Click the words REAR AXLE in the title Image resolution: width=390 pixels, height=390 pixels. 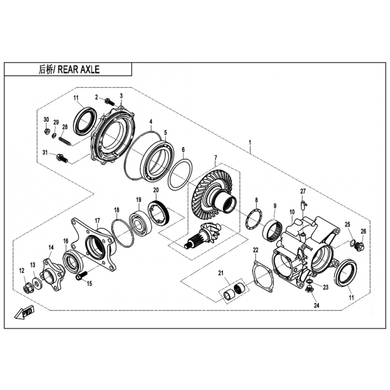78,69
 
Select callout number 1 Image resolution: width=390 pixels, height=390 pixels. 250,143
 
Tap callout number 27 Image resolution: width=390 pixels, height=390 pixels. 303,191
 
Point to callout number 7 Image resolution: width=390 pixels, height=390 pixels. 215,157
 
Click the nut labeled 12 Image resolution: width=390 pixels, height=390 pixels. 27,289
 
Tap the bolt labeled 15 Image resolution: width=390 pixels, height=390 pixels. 81,275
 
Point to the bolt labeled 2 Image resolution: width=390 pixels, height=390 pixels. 109,101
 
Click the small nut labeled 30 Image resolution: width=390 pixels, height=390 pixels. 46,131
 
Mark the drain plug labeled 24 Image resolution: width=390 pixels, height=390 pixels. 309,290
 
